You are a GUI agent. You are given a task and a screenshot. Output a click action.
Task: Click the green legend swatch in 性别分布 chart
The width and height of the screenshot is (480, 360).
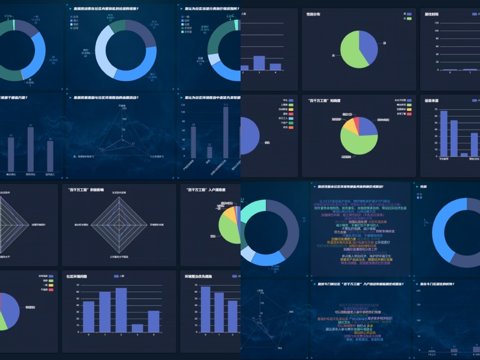[x=408, y=19]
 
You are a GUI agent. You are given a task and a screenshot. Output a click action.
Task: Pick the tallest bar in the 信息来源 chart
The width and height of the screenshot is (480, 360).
[x=443, y=133]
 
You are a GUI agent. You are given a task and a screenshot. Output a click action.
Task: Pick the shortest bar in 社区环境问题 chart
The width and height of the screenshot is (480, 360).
[x=137, y=328]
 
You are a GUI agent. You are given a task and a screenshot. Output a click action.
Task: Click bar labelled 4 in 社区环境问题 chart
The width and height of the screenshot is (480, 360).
[x=154, y=322]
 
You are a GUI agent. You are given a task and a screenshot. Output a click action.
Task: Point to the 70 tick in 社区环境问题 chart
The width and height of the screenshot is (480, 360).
[x=79, y=286]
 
